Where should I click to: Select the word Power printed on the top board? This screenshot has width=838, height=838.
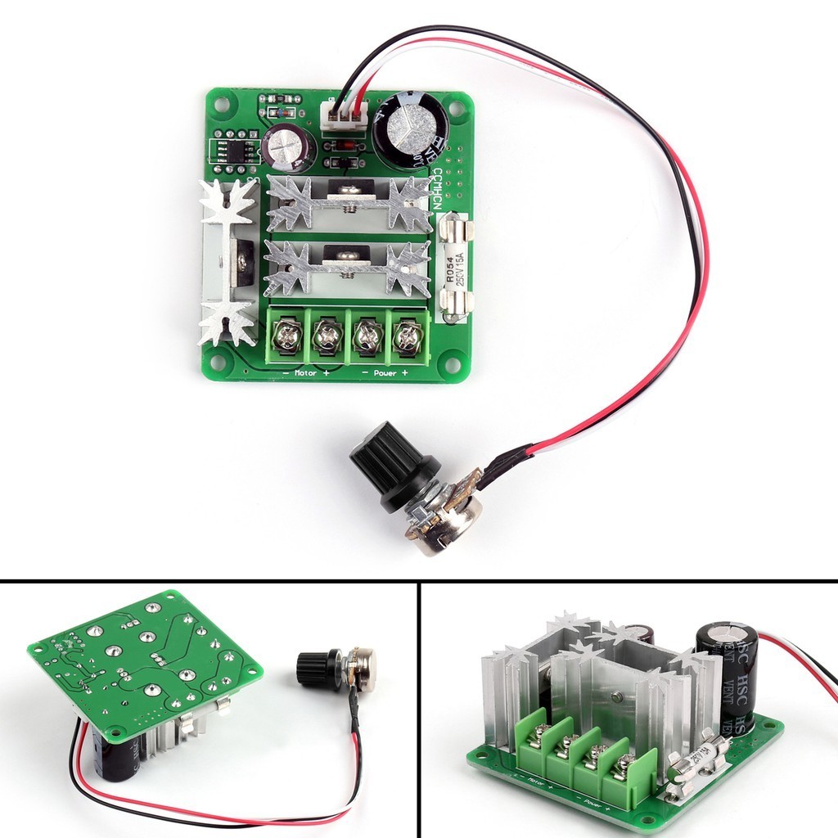pos(385,372)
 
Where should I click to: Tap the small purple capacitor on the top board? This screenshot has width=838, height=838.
pos(287,146)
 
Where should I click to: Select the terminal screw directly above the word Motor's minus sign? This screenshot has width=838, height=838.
pos(287,334)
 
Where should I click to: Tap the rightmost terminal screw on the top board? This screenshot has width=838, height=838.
pos(406,334)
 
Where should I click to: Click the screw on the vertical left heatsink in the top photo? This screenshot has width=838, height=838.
pos(243,260)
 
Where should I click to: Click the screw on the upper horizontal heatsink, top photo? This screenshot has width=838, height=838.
pos(352,191)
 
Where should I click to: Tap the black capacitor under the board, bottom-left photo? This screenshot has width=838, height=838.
pos(115,751)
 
